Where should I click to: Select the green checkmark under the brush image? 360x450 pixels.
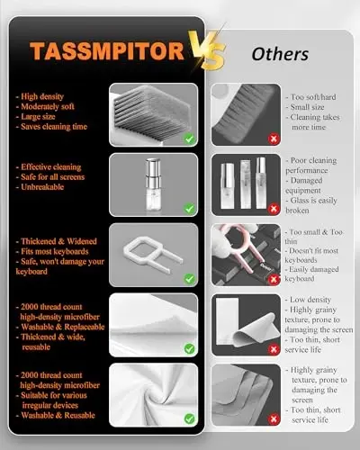188,139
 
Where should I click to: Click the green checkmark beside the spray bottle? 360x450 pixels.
188,209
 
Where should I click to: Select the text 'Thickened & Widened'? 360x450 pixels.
59,243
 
